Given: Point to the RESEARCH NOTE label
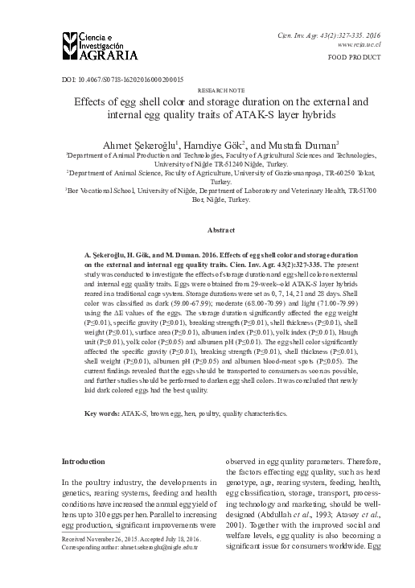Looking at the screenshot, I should [207, 92].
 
